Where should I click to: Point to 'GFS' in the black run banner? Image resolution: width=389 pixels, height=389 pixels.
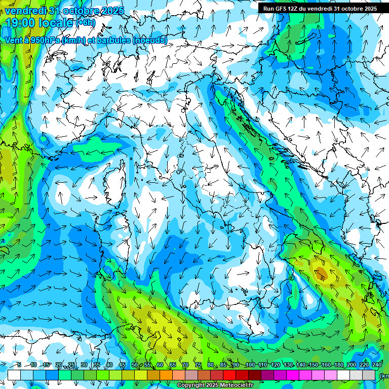280,9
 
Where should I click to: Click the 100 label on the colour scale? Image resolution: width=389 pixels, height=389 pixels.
250,365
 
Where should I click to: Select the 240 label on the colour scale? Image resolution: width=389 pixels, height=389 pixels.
377,365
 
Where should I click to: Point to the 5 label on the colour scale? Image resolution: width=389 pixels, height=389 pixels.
19,365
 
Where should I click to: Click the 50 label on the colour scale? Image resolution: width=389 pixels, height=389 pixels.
135,365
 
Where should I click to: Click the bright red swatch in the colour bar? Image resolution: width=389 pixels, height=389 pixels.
229,375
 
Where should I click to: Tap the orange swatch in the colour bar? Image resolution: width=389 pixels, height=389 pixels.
166,375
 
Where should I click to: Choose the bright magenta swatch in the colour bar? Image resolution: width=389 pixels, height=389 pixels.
293,375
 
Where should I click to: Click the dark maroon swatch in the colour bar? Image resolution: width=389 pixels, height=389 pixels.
255,375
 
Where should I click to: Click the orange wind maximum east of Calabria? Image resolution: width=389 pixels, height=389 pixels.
321,275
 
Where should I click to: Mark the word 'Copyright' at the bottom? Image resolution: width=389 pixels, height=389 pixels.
190,385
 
